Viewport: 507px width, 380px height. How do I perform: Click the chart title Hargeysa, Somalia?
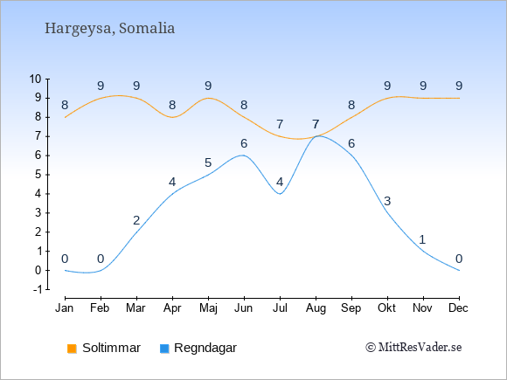109,28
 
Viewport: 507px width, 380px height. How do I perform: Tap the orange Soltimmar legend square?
72,349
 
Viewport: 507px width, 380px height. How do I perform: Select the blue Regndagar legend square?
164,349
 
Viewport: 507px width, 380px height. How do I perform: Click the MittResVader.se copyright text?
413,348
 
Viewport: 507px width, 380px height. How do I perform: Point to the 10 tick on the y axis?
36,79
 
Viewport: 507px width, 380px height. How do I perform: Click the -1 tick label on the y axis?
38,289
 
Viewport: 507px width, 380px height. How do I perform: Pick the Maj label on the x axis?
208,308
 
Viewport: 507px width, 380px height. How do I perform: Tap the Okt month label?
386,308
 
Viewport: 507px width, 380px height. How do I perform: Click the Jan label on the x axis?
65,308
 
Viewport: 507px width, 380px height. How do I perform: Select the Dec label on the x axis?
459,308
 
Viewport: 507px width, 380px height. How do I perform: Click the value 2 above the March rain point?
136,220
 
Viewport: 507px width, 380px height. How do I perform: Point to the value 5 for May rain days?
208,162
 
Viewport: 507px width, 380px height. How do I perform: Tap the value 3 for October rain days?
387,201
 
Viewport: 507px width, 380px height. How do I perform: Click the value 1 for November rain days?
422,239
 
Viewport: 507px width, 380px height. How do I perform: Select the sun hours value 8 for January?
65,105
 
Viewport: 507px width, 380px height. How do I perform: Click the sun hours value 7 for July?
280,124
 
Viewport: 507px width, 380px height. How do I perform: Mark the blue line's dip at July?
280,194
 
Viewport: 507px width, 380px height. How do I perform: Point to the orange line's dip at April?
172,117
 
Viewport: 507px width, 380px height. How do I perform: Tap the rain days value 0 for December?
459,259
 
